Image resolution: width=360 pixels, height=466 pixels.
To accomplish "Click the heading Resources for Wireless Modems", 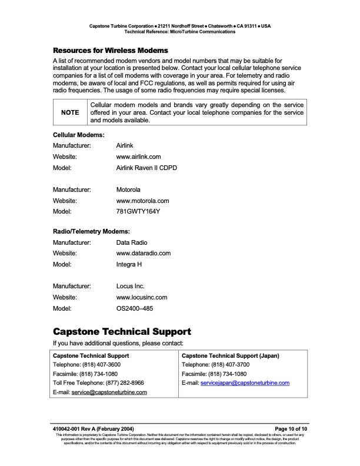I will point(111,50).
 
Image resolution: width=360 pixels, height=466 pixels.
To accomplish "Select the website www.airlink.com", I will point(139,157).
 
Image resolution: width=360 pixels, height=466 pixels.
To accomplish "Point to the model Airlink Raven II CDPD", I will point(146,168).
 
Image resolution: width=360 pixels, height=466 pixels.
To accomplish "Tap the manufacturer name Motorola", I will point(128,190).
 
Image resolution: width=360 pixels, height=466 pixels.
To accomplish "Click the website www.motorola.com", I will point(143,201).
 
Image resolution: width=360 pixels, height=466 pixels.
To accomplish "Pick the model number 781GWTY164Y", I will point(138,212).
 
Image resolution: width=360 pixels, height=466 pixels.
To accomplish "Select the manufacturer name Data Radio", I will point(132,242).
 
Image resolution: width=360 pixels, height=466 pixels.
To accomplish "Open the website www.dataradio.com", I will point(144,253).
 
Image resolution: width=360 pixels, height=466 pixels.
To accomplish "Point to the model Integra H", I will point(129,264).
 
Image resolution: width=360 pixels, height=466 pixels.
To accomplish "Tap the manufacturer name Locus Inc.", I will point(131,287).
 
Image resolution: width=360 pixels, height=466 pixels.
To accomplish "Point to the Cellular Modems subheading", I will point(79,135).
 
